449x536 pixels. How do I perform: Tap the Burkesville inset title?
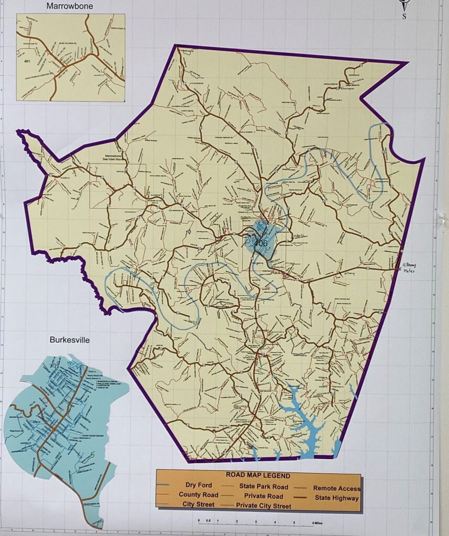point(69,340)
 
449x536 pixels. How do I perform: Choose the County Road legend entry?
point(198,495)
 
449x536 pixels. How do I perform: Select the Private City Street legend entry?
point(264,506)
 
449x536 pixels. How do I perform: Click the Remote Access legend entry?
point(336,488)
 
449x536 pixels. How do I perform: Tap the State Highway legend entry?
point(336,498)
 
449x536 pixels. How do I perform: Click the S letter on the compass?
point(404,16)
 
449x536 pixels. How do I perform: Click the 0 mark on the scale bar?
point(199,522)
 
